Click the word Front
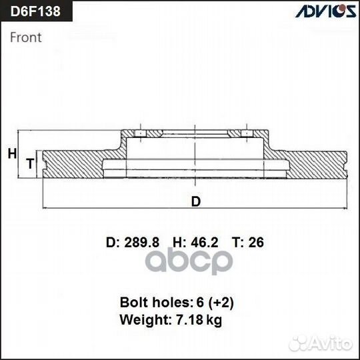tap(26, 37)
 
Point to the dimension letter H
tap(11, 154)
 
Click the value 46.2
tap(205, 243)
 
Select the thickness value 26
tap(255, 243)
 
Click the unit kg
tap(215, 321)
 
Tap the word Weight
tap(141, 320)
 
